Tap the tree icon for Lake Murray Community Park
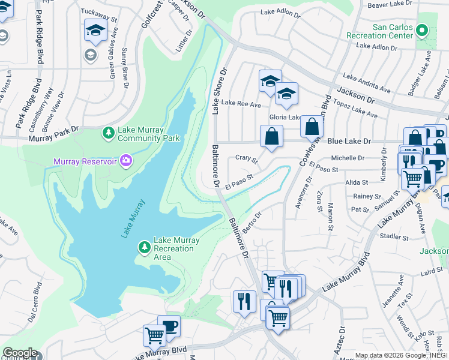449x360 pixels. pyautogui.click(x=108, y=133)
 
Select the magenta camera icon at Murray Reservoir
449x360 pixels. pyautogui.click(x=125, y=160)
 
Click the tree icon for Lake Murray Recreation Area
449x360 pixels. pyautogui.click(x=144, y=247)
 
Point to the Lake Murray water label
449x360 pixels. pyautogui.click(x=133, y=218)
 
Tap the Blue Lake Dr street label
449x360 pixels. pyautogui.click(x=349, y=141)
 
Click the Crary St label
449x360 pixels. pyautogui.click(x=246, y=159)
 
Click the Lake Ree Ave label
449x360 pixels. pyautogui.click(x=241, y=104)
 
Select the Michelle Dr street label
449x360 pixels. pyautogui.click(x=348, y=157)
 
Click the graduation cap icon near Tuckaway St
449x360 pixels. pyautogui.click(x=95, y=30)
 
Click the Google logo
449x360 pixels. pyautogui.click(x=19, y=353)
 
